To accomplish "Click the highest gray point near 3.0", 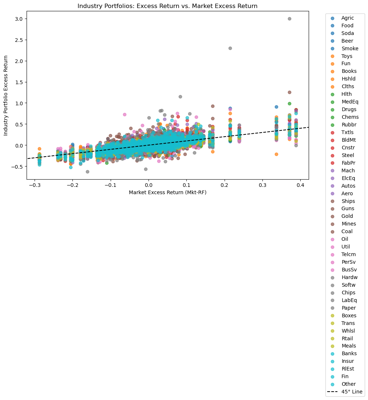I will [289, 19].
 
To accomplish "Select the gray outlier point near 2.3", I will [230, 48].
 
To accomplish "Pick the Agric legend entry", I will [348, 18].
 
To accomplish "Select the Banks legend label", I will [349, 353].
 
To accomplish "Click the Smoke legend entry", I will [349, 48].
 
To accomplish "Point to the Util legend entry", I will [346, 247].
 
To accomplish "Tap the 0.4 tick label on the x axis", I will [300, 185].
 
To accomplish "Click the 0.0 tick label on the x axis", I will [149, 185].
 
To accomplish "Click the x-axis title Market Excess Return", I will [167, 192].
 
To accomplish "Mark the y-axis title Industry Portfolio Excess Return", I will [6, 95].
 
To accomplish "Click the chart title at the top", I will [167, 6].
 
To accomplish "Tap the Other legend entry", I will [348, 384].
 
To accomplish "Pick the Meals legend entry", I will [349, 346].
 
